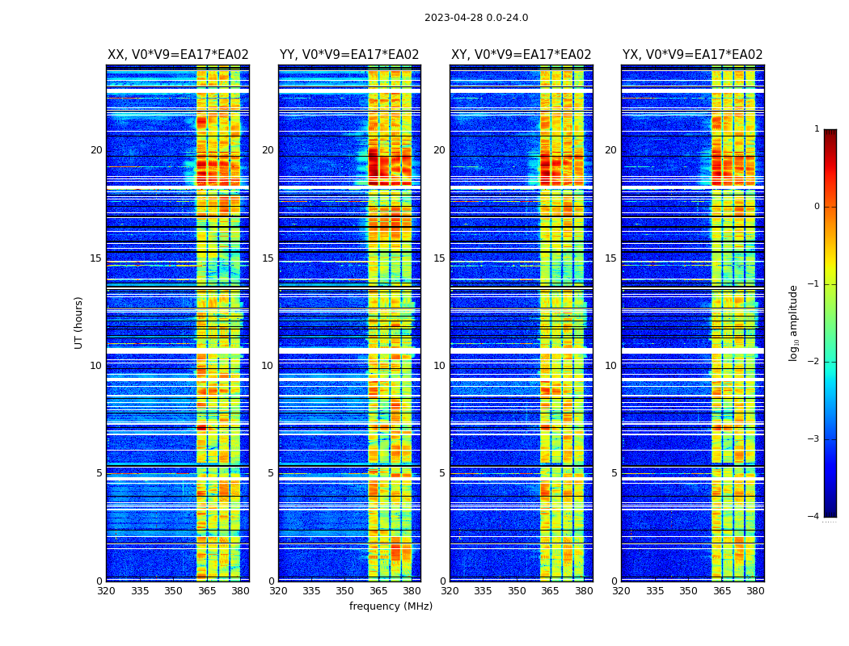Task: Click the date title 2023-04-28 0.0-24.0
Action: click(x=476, y=18)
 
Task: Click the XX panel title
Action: click(x=178, y=55)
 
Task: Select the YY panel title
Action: click(x=349, y=55)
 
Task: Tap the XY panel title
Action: click(x=521, y=55)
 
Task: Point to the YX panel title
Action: click(x=692, y=55)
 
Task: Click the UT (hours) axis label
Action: click(x=79, y=322)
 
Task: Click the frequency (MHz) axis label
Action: click(x=391, y=606)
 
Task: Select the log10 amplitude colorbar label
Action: click(x=794, y=322)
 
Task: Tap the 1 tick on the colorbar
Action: click(x=817, y=129)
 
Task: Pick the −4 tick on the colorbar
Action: click(x=814, y=517)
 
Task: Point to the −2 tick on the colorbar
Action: click(x=814, y=362)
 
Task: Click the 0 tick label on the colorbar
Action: click(x=817, y=207)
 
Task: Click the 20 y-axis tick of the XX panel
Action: click(x=96, y=150)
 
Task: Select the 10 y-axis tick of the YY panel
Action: click(x=268, y=366)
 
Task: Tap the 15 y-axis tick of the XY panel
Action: click(x=439, y=258)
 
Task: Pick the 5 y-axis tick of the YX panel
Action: click(x=614, y=473)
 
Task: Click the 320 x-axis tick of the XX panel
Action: click(x=106, y=591)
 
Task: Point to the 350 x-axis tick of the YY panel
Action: click(x=345, y=591)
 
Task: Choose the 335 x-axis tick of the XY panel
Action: click(x=483, y=591)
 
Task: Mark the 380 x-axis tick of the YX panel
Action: click(x=755, y=591)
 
